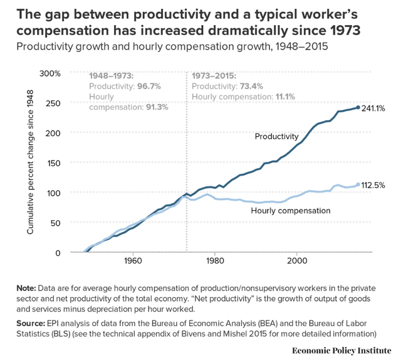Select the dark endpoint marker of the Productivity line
[358, 107]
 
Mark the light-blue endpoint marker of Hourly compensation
[358, 184]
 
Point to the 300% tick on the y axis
[50, 73]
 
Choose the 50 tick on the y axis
[55, 223]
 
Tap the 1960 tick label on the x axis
[132, 260]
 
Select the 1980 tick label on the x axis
[215, 260]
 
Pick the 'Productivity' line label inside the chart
[276, 136]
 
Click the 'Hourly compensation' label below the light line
[290, 211]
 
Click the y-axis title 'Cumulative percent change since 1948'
[29, 162]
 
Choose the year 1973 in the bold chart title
[352, 29]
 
